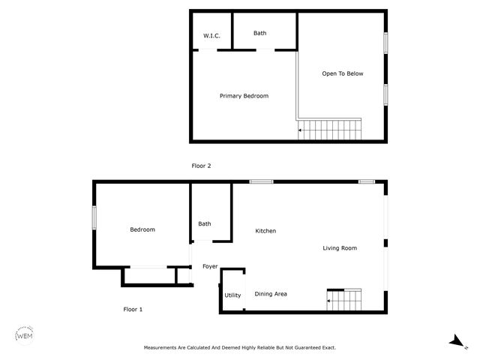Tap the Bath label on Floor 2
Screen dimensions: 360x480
click(x=259, y=33)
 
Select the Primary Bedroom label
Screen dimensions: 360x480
click(x=244, y=96)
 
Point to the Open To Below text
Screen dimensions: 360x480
click(x=343, y=73)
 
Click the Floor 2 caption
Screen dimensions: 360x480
click(x=202, y=166)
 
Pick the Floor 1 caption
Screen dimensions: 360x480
click(x=133, y=309)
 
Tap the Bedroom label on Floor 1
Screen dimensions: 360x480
click(x=142, y=229)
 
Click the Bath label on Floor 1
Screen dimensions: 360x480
click(x=205, y=223)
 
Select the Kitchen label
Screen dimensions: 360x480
click(x=265, y=231)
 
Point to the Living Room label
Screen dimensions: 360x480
click(x=340, y=248)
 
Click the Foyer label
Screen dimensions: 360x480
click(x=210, y=266)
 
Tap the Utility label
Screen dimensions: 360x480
click(x=233, y=295)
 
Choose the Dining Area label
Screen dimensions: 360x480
click(x=271, y=294)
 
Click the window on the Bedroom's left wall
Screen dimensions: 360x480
click(x=94, y=218)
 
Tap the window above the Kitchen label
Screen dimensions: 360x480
click(x=261, y=181)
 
